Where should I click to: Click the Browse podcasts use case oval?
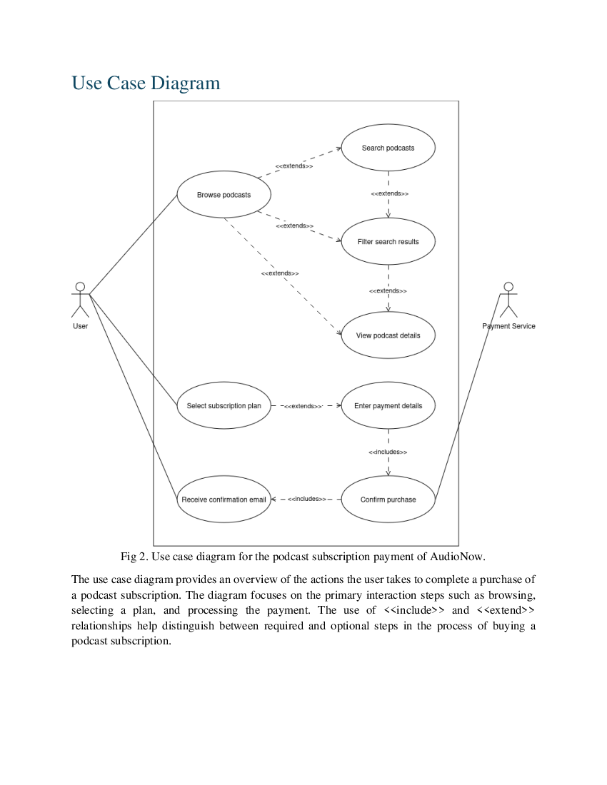click(224, 195)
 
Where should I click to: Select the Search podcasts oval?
click(388, 148)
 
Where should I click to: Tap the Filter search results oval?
click(388, 242)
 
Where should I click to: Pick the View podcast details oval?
click(388, 335)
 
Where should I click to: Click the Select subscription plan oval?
click(224, 406)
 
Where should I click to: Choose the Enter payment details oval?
click(388, 406)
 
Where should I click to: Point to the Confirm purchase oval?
click(388, 500)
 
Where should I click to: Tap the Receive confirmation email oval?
click(224, 500)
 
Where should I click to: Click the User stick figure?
click(80, 300)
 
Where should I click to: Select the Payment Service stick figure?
click(508, 300)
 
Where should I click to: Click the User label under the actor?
click(80, 326)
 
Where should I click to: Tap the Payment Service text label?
click(508, 326)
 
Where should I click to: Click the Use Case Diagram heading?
click(146, 83)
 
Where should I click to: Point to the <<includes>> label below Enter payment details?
click(388, 452)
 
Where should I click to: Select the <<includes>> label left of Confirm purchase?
click(306, 499)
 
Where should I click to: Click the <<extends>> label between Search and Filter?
click(389, 193)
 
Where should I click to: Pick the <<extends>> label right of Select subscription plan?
click(303, 406)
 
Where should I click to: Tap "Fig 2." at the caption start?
click(134, 556)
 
